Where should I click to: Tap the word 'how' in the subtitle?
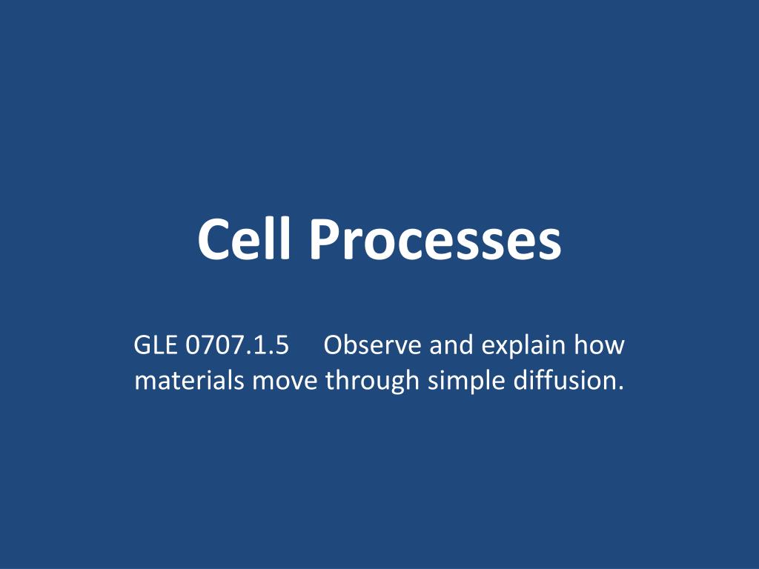[601, 346]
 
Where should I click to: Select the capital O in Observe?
[334, 346]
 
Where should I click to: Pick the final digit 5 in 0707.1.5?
[281, 346]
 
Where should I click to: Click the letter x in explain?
[500, 347]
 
